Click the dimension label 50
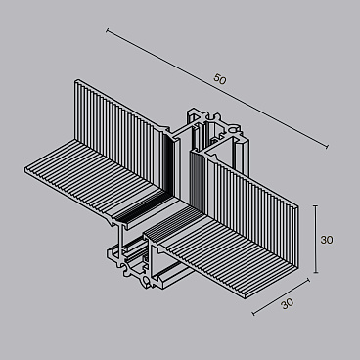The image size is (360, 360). tap(220, 79)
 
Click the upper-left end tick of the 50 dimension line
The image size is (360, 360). tap(107, 34)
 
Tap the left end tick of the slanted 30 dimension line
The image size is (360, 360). tap(253, 315)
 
